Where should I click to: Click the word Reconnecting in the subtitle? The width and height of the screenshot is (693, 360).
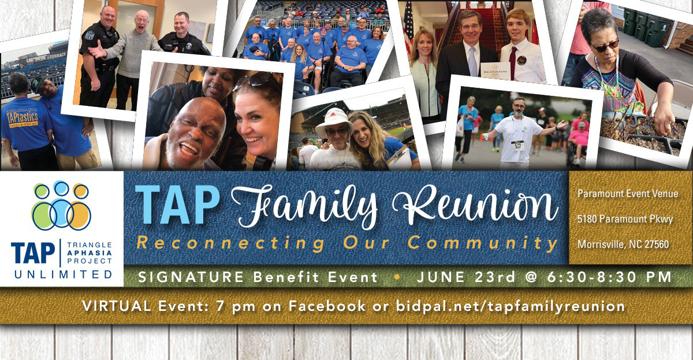tap(230, 243)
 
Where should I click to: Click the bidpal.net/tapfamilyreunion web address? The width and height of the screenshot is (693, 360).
tap(511, 306)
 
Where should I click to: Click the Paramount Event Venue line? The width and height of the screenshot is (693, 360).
tap(628, 194)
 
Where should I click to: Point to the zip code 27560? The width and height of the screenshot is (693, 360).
tap(656, 244)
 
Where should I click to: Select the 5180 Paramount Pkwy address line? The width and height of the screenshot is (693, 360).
tap(626, 219)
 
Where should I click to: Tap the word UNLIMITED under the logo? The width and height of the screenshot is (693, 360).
tap(62, 274)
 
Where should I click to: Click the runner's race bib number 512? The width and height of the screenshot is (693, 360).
tap(517, 144)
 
